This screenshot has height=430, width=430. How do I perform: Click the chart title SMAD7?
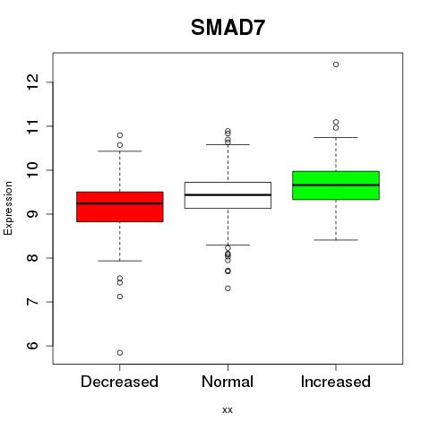tap(228, 28)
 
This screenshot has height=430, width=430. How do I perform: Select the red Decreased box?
tap(120, 207)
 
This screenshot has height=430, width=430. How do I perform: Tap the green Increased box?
tap(336, 185)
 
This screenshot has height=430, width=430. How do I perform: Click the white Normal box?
tap(228, 195)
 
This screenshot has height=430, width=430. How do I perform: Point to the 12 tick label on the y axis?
tap(33, 82)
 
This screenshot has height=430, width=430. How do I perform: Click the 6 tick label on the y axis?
tap(33, 346)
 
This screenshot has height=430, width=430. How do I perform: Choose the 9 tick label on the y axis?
tap(33, 214)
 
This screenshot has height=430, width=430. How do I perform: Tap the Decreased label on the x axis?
tap(119, 382)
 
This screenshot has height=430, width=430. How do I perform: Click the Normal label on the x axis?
tap(228, 382)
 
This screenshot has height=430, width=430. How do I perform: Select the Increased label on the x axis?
tap(336, 382)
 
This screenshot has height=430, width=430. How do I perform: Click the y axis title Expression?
tap(8, 208)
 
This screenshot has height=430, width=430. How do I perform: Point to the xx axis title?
tap(228, 410)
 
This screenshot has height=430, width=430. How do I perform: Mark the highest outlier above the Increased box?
tap(336, 64)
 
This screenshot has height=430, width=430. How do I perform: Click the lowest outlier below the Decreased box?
tap(120, 353)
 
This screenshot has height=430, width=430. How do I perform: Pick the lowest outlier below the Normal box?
tap(228, 288)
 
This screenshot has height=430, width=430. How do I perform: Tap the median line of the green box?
tap(336, 185)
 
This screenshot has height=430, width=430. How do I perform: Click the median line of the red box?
tap(120, 203)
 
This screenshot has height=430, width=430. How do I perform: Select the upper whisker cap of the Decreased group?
tap(120, 151)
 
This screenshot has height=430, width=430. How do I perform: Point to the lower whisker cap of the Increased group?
tap(336, 240)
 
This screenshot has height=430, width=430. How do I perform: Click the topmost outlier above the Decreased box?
tap(120, 135)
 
